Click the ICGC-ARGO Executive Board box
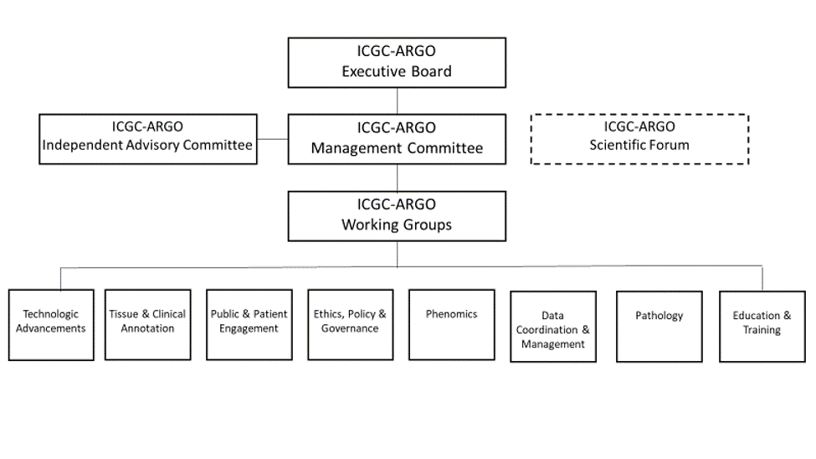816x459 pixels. [397, 63]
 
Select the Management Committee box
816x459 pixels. [397, 139]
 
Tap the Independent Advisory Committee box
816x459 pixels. [148, 139]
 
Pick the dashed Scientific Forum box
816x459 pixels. [639, 139]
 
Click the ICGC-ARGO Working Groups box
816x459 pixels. [397, 216]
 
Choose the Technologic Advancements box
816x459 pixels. [51, 325]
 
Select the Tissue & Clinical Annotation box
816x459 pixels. [148, 325]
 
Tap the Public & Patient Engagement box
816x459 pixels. [249, 325]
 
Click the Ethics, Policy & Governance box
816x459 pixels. [350, 325]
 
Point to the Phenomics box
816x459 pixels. [452, 325]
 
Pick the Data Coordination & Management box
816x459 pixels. [553, 327]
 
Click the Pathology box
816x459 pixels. [659, 327]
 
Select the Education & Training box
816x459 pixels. [762, 327]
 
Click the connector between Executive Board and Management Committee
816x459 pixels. [397, 101]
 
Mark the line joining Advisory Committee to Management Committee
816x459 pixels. [273, 139]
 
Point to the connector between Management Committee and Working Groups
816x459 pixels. [397, 178]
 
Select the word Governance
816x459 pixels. [350, 328]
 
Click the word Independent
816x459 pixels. [84, 145]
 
